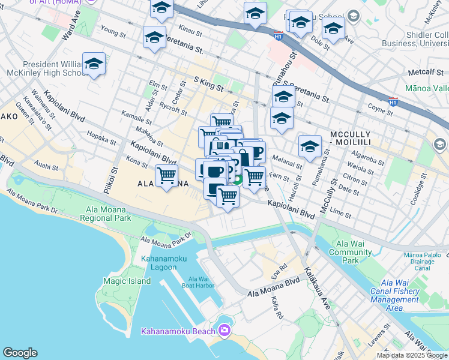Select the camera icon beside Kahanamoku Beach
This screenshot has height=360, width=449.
(x=224, y=330)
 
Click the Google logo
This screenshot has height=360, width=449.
(x=20, y=353)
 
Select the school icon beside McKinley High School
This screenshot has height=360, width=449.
(x=94, y=64)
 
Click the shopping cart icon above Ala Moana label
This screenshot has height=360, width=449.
(x=166, y=175)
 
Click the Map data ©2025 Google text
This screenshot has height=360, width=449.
(x=411, y=355)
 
